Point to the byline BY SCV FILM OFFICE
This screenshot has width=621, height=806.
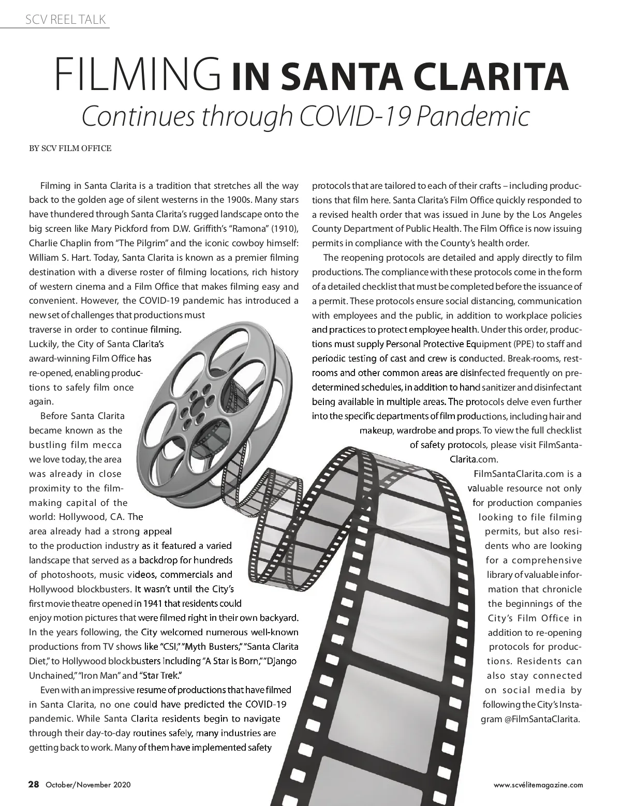point(70,148)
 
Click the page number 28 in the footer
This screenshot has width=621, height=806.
point(34,784)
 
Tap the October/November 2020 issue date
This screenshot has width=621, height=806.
point(88,785)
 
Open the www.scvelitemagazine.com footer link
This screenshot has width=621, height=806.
point(539,785)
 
